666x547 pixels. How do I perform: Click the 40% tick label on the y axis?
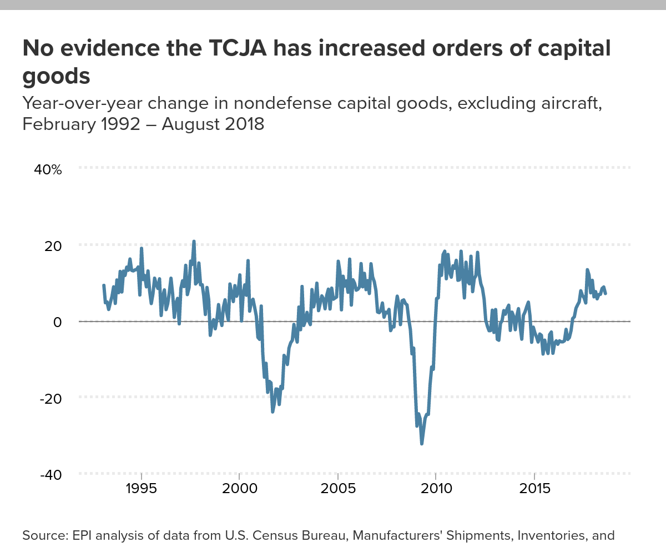[48, 169]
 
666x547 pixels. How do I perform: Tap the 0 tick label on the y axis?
[57, 322]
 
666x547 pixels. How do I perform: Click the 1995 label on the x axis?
[142, 490]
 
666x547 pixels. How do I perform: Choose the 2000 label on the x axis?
[239, 490]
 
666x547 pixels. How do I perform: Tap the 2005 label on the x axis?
[337, 490]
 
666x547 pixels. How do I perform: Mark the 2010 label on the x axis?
[436, 490]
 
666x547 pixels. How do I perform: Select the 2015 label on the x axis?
[534, 490]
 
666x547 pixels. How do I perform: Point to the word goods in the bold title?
[56, 76]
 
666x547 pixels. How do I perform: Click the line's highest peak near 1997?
[194, 242]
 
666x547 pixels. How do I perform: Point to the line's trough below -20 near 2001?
[273, 411]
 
